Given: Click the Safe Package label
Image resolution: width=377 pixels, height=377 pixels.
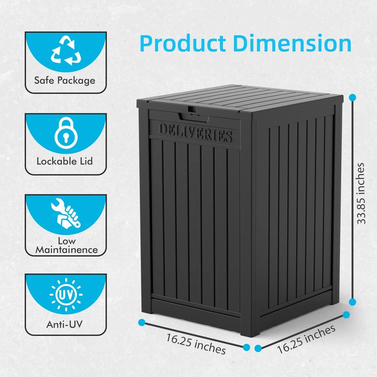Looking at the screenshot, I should pyautogui.click(x=65, y=81).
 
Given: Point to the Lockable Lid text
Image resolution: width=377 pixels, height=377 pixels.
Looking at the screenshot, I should pyautogui.click(x=65, y=161).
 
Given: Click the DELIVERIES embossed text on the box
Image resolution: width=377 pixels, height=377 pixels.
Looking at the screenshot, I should pyautogui.click(x=196, y=133).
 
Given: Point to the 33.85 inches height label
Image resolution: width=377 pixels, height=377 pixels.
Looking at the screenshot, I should pyautogui.click(x=361, y=193).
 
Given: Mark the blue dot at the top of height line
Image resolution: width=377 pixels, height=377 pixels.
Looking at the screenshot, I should pyautogui.click(x=352, y=98).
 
